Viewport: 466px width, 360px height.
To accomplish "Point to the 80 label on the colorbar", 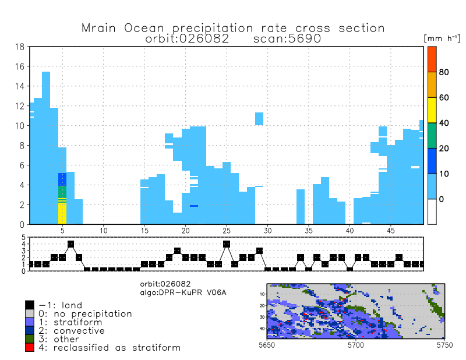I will pos(444,72).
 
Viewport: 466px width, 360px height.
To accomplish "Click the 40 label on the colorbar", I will pos(444,123).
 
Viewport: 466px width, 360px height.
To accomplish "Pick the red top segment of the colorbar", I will pos(432,59).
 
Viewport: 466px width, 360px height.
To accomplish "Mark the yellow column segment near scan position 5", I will pos(62,213).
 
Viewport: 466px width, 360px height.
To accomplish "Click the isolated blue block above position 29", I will pos(259,118).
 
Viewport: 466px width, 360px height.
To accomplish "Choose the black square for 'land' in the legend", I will pos(30,305).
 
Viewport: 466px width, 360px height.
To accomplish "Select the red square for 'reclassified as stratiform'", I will pos(30,347).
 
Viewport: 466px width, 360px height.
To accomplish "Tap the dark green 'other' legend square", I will pos(30,338).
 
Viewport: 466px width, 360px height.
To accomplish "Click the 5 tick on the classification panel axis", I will pos(24,238).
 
